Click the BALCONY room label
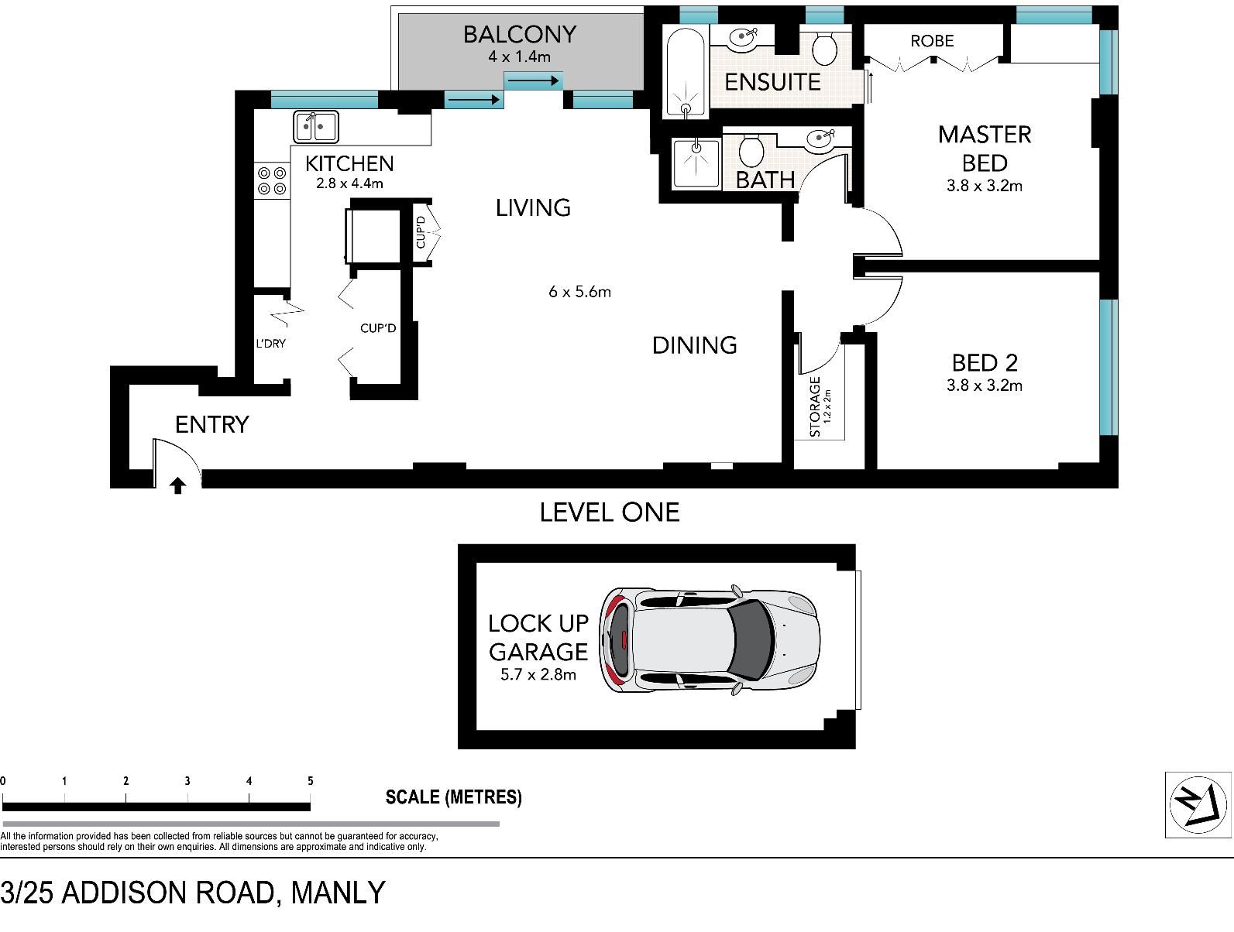[x=520, y=35]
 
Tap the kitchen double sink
[x=316, y=126]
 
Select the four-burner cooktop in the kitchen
[x=272, y=180]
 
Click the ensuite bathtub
[x=686, y=71]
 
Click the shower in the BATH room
[x=696, y=163]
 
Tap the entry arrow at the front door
[x=178, y=485]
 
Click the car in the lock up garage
[x=709, y=640]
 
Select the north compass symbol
[x=1198, y=805]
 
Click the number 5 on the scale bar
[x=311, y=781]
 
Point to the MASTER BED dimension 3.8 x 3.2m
[x=985, y=186]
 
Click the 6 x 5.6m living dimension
[x=579, y=292]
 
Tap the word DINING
[x=694, y=345]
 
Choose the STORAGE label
[x=815, y=406]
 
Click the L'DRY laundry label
[x=271, y=343]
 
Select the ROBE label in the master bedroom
[x=932, y=41]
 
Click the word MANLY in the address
[x=338, y=893]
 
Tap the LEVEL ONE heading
[x=610, y=512]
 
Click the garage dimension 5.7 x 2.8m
[x=538, y=674]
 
